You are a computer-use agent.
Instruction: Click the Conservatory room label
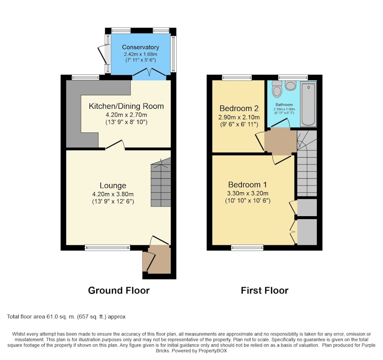140,47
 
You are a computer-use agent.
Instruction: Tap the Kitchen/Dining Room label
126,106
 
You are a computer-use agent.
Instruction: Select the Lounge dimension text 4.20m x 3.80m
113,195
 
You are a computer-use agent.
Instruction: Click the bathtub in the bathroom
308,104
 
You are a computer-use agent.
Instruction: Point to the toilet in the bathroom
277,89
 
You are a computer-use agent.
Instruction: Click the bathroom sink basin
291,85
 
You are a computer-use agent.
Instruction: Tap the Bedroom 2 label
239,108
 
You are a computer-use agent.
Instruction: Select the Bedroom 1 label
248,185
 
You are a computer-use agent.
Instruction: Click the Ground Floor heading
119,290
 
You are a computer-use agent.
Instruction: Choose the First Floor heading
265,290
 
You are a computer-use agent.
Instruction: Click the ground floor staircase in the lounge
161,182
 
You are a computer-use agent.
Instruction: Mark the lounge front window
107,248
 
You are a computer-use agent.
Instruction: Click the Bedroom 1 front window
248,248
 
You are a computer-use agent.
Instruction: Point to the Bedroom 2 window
237,77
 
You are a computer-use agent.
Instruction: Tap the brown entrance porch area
159,259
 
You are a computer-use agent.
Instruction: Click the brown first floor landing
281,142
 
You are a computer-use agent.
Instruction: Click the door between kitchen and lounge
115,145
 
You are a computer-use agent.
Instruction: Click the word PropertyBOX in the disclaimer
213,351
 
